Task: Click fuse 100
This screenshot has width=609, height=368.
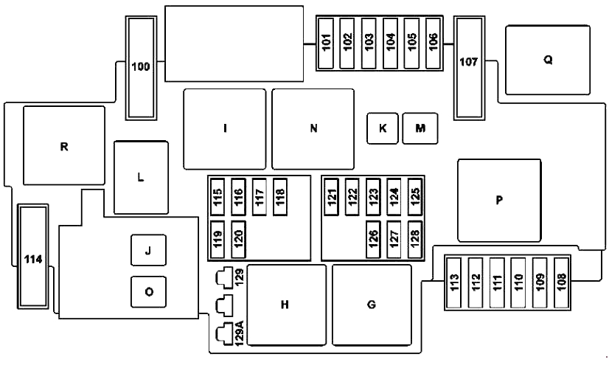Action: [x=141, y=67]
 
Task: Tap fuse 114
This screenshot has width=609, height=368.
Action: [x=33, y=257]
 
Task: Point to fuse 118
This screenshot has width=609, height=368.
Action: [x=280, y=196]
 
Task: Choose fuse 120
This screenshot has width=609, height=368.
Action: [x=238, y=237]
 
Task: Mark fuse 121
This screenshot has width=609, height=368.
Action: [x=332, y=196]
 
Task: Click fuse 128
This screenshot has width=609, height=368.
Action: [x=415, y=237]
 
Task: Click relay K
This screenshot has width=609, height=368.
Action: [x=383, y=128]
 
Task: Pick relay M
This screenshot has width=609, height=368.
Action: [x=420, y=128]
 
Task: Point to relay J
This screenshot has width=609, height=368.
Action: [x=148, y=251]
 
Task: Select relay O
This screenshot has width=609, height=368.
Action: [x=148, y=291]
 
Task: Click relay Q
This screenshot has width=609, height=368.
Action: [x=548, y=60]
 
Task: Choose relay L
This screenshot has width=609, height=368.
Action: [x=141, y=177]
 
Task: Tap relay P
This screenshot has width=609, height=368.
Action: [x=498, y=200]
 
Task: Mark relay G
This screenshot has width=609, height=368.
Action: [x=372, y=305]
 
